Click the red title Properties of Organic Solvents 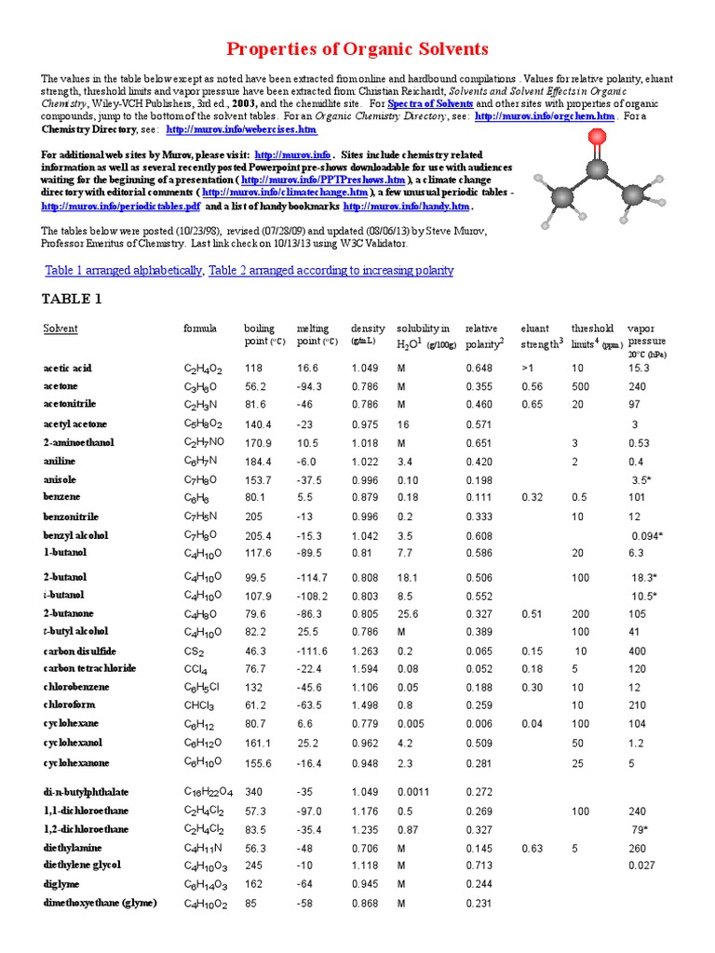(357, 49)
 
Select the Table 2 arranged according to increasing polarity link (331, 271)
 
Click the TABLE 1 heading (72, 300)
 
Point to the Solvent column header (61, 329)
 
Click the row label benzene (63, 498)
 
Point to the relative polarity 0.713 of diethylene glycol (479, 866)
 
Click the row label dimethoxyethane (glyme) (101, 903)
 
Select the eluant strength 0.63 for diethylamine (532, 848)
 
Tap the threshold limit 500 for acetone (581, 386)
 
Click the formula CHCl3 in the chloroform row (200, 705)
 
